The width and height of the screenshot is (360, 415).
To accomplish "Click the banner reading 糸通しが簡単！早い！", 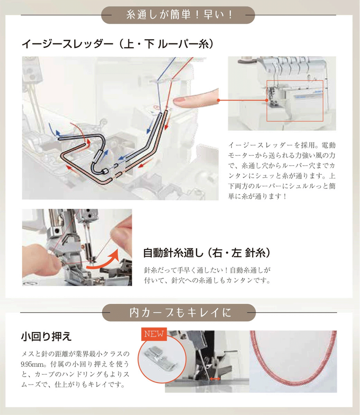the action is click(178, 15).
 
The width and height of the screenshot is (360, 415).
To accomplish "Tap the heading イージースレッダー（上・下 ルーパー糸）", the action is click(117, 44).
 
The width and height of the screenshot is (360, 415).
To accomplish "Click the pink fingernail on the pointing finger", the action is click(180, 102).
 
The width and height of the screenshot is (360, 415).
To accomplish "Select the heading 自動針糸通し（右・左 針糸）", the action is click(207, 253).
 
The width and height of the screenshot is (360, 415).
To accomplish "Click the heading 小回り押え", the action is click(46, 337).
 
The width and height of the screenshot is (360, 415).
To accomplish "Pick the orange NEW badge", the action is click(154, 334).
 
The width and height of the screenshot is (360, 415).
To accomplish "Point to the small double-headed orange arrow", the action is click(215, 379).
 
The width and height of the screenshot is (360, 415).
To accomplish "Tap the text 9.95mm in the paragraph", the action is click(33, 364).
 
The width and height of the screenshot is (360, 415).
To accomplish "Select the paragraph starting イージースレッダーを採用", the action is click(282, 171).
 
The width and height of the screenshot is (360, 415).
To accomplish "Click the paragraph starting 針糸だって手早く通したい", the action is click(207, 275).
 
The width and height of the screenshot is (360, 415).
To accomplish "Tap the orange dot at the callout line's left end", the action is click(219, 100).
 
